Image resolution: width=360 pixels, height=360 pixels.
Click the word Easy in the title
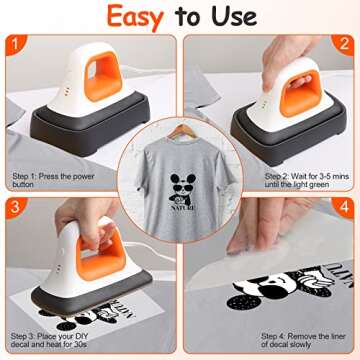click(x=138, y=18)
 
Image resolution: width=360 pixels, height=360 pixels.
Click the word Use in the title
click(x=235, y=18)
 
